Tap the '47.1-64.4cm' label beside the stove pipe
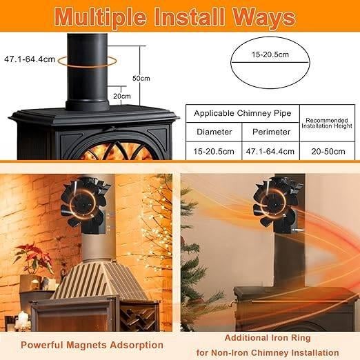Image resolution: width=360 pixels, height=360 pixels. tap(29, 59)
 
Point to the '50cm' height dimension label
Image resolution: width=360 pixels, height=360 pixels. tap(140, 78)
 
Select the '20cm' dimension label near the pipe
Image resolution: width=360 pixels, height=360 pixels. tap(122, 96)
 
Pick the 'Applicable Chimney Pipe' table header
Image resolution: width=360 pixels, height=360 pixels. tap(241, 112)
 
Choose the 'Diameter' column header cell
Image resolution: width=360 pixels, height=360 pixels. tap(214, 132)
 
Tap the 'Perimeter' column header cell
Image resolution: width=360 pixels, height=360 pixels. tap(270, 132)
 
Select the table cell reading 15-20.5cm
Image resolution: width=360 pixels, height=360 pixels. tap(214, 151)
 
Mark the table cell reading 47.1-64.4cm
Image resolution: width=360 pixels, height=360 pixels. tap(270, 151)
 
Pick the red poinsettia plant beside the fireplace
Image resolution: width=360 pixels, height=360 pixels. tap(33, 259)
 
